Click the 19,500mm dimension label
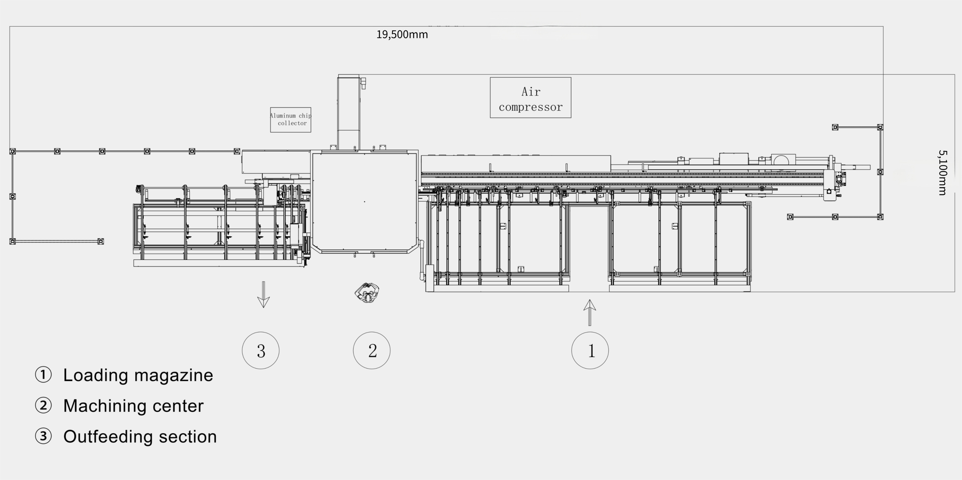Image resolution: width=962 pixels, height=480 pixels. pos(402,35)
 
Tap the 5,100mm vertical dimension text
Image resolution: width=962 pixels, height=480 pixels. pos(942,173)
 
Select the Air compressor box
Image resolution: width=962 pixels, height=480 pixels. pos(531,98)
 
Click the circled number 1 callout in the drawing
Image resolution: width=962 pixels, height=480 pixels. pos(590,350)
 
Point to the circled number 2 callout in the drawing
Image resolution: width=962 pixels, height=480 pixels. pos(372,350)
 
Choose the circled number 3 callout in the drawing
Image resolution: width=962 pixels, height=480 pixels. pos(261,350)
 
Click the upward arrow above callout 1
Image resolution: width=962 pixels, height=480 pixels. pos(589,313)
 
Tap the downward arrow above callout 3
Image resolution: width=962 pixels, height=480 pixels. pos(264,295)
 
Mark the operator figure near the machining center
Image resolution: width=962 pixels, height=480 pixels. pos(367,293)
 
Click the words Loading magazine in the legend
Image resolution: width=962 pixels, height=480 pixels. pos(138,375)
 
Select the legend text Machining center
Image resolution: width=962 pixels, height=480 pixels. pos(133,406)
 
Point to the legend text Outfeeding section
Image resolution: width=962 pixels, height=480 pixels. pos(140,437)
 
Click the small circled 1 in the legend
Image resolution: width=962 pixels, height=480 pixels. pos(43,375)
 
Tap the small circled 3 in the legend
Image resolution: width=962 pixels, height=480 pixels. pos(43,436)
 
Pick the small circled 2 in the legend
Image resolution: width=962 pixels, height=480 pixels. pos(43,406)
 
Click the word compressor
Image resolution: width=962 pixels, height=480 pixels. pos(531,107)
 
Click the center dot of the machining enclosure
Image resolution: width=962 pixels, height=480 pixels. pos(364,202)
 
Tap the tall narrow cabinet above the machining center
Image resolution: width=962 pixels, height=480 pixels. pos(349,112)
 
